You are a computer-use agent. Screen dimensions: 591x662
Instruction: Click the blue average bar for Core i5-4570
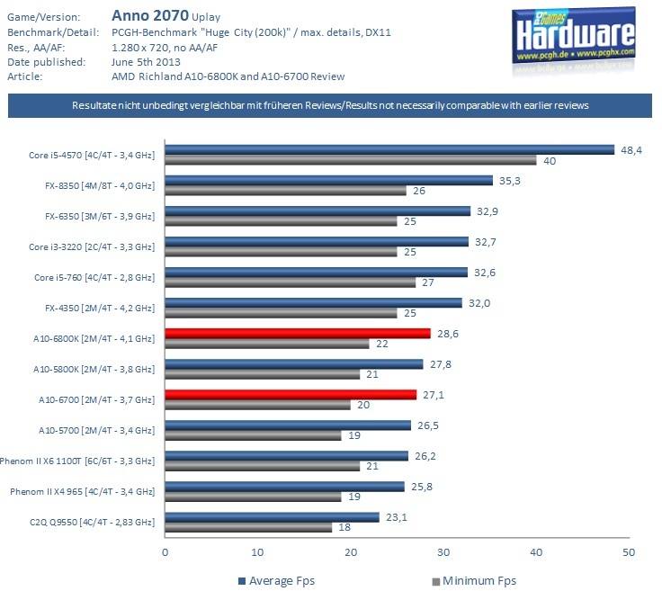(x=389, y=150)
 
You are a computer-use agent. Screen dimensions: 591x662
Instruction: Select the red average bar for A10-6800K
(x=297, y=334)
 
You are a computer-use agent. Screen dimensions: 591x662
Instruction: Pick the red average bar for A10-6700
(x=290, y=395)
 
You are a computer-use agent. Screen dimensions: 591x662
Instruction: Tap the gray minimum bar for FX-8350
(x=284, y=192)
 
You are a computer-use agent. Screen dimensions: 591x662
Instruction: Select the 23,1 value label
(x=394, y=516)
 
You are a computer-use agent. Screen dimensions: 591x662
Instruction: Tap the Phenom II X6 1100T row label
(x=83, y=461)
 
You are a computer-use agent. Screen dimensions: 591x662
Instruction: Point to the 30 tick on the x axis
(x=443, y=551)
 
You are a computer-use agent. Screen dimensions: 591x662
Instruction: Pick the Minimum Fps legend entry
(x=474, y=580)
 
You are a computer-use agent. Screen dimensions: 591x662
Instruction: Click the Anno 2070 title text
(x=149, y=15)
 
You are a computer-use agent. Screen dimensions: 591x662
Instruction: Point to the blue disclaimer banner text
(x=331, y=106)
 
